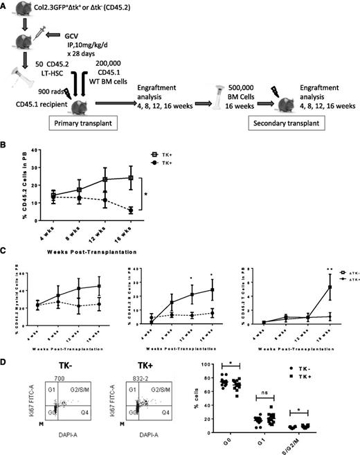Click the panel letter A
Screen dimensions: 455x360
coord(6,5)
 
